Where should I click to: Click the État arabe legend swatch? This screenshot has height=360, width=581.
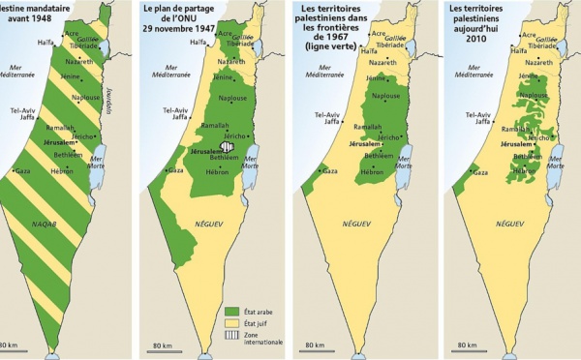tap(231, 301)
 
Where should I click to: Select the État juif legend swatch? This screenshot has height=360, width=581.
tap(231, 315)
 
